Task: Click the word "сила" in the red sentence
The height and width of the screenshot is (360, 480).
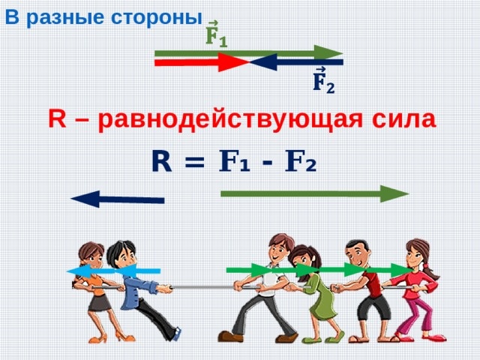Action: (x=405, y=119)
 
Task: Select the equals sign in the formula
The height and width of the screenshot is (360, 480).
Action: (x=193, y=162)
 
